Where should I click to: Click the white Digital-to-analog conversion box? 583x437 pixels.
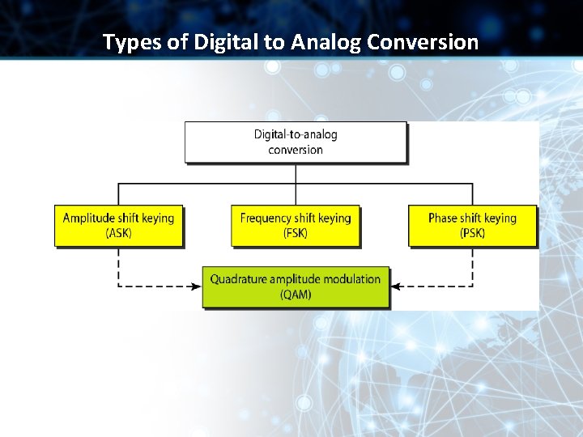tap(296, 142)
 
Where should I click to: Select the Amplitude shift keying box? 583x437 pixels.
tap(118, 225)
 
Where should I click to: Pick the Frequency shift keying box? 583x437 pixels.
tap(296, 225)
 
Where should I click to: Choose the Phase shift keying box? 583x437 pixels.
tap(472, 225)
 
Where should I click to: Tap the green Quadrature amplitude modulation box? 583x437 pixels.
tap(296, 286)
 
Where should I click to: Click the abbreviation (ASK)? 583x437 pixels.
tap(118, 233)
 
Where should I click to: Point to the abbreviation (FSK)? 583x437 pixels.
tap(296, 233)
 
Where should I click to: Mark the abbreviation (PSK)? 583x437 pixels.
tap(472, 233)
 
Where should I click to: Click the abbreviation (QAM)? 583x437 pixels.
tap(296, 295)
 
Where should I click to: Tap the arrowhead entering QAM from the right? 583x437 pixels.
tap(395, 286)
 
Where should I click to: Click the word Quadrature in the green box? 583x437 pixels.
tap(238, 279)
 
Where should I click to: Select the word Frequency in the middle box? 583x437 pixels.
tap(266, 218)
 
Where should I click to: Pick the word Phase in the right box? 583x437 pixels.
tap(443, 218)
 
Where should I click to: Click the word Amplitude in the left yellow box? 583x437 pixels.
tap(89, 218)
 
